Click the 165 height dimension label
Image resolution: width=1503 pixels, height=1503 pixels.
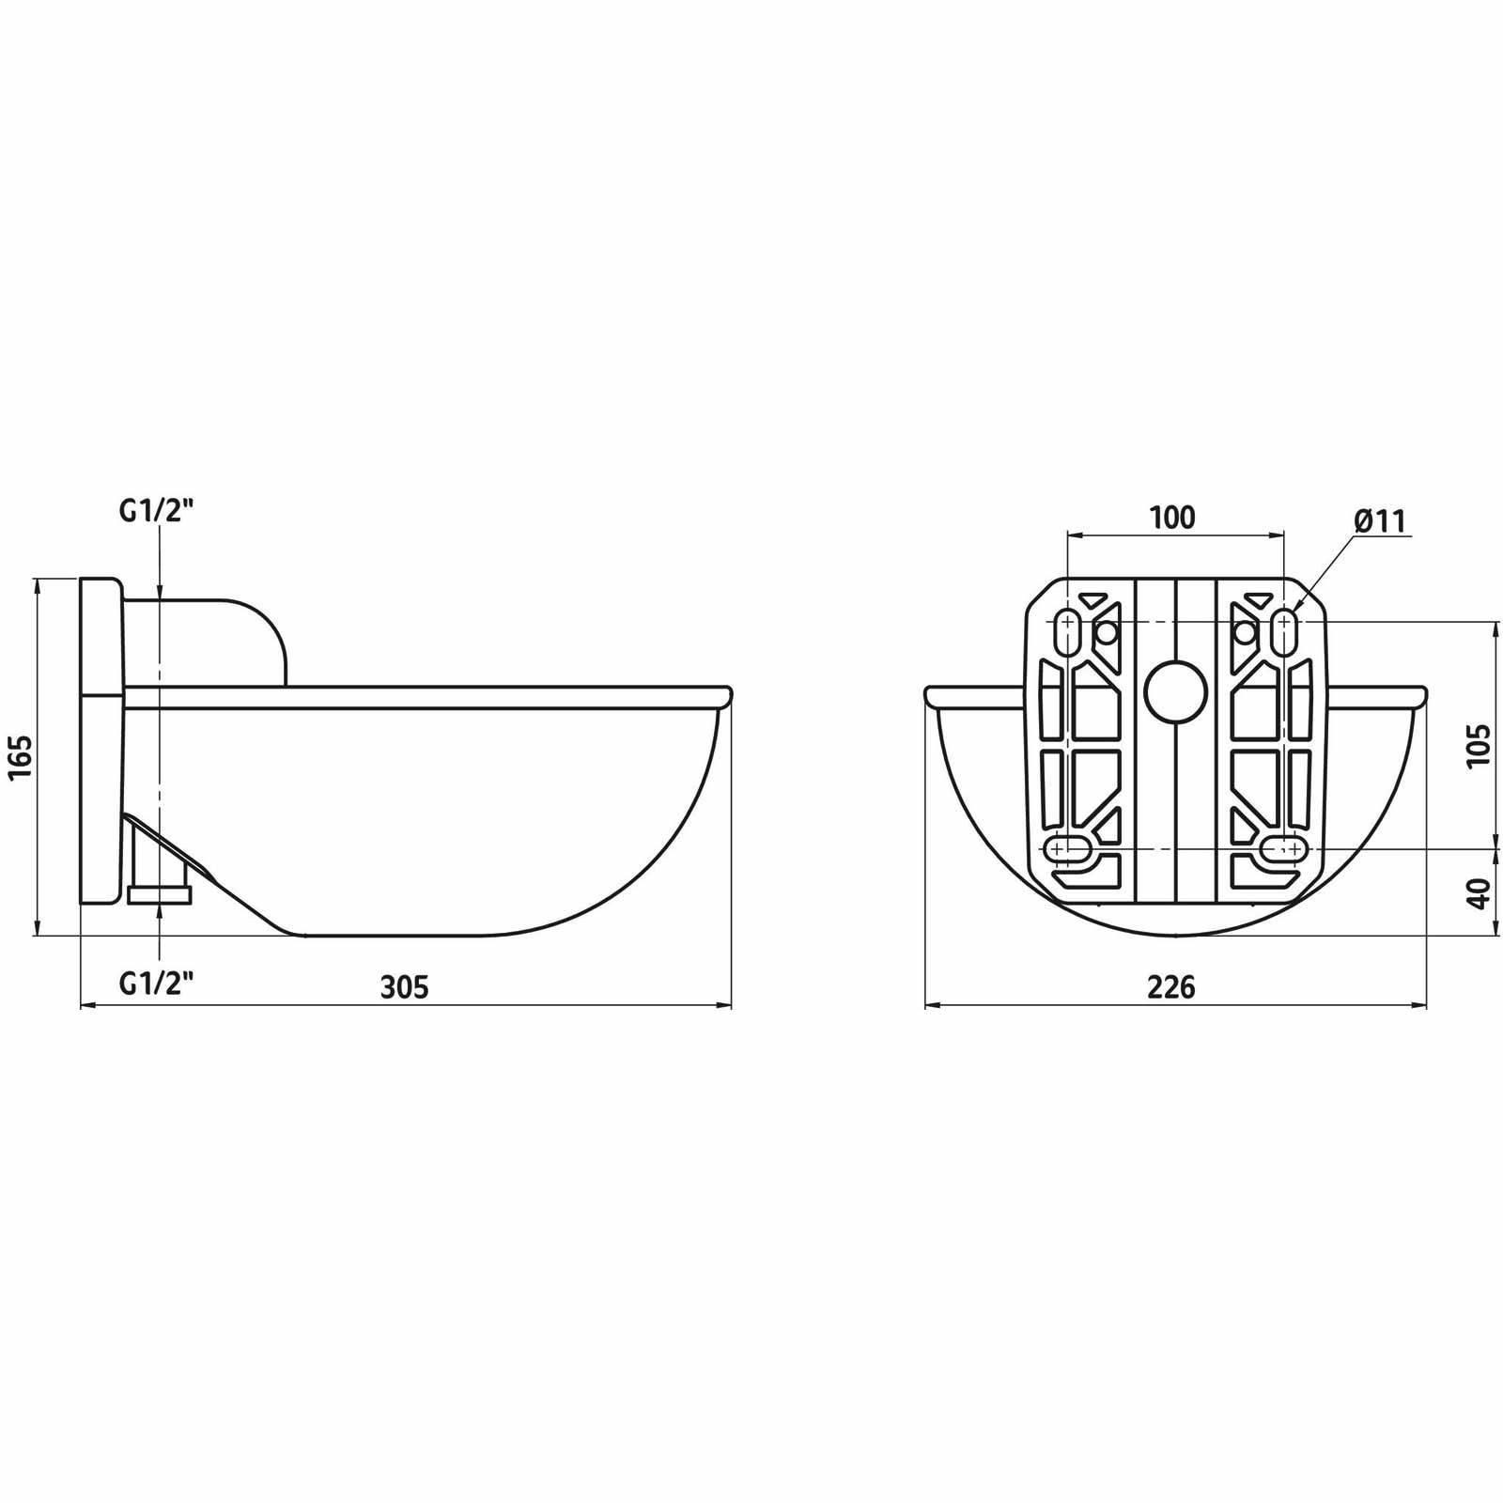pos(21,756)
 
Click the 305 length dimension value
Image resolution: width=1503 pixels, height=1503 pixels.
pos(405,986)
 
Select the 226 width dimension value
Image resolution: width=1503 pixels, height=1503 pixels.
pos(1172,986)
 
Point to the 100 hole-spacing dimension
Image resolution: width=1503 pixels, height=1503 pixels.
pos(1172,517)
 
